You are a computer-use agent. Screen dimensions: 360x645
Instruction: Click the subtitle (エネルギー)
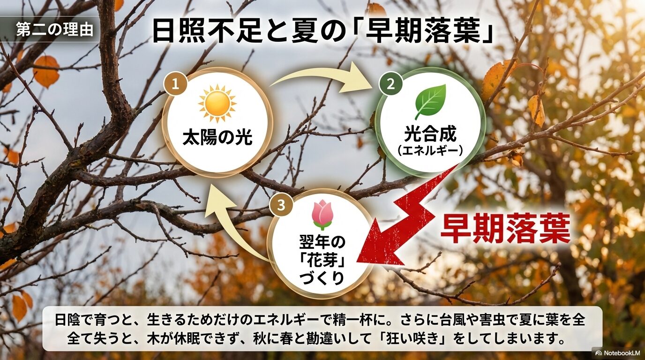tap(430, 151)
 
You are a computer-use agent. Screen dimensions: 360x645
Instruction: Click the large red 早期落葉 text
tap(505, 229)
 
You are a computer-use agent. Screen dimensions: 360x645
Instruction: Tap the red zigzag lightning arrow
tap(412, 216)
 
